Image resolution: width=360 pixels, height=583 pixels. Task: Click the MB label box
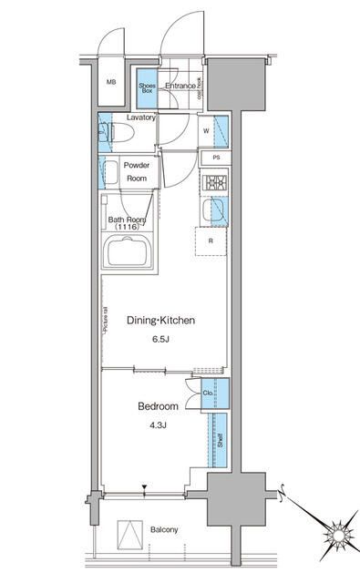(x=112, y=82)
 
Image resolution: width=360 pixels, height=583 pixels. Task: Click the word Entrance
(x=180, y=87)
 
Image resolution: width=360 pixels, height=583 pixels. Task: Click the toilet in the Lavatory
(x=120, y=135)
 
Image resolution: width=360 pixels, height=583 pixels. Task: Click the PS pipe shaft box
(x=216, y=159)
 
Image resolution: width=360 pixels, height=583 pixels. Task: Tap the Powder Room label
(x=137, y=172)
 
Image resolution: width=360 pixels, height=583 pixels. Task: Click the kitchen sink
(x=217, y=212)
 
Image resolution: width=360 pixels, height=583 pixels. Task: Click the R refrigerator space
(x=211, y=241)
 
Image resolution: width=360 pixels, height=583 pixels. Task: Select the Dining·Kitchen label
(x=160, y=321)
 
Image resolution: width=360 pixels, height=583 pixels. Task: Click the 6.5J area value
(x=160, y=340)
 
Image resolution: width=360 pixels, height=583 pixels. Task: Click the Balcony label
(x=139, y=529)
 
